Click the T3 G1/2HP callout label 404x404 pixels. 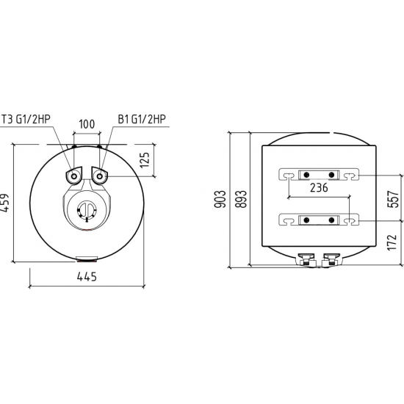[26, 119]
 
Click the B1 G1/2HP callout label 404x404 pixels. [142, 119]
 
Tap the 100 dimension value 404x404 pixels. [87, 124]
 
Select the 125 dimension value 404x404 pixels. [145, 160]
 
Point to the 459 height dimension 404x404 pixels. [4, 203]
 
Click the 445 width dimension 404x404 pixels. [87, 277]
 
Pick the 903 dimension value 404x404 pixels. [220, 199]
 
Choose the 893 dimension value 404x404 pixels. [241, 199]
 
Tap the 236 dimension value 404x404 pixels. [319, 188]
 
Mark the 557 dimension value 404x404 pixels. [393, 199]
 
